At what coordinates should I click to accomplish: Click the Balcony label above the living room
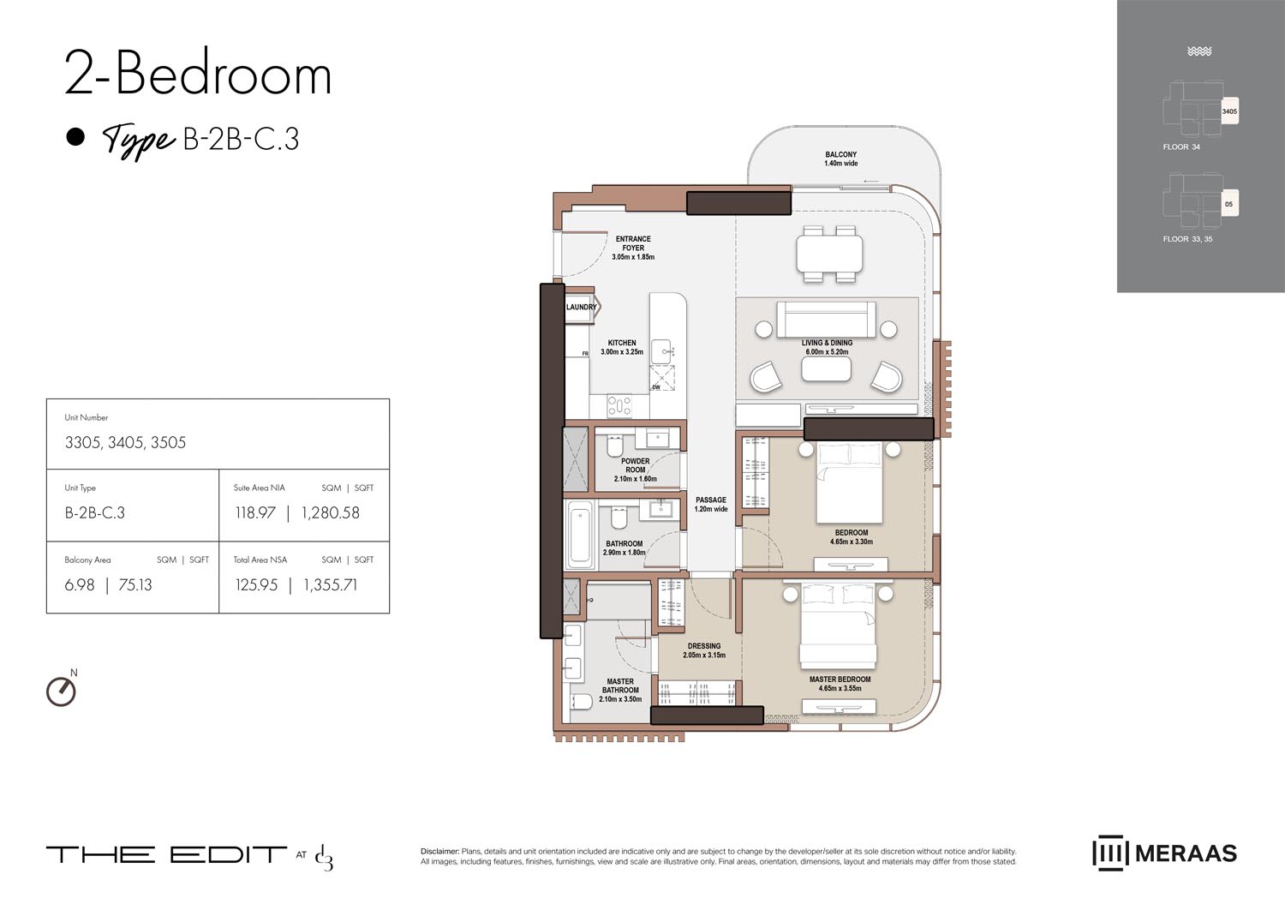840,159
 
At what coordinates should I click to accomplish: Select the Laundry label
581,307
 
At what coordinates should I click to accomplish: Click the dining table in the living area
828,253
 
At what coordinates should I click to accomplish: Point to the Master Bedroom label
840,684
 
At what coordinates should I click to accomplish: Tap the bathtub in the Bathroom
581,535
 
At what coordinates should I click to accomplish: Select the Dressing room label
704,650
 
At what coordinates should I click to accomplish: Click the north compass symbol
61,691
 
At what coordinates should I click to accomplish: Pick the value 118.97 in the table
255,513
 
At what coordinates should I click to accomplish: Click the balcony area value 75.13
134,585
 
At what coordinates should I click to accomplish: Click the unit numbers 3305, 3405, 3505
125,443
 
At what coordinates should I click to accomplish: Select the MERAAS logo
1164,853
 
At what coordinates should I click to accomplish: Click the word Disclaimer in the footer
439,852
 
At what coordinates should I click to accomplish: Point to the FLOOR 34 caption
1181,147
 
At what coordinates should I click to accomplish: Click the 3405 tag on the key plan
1228,112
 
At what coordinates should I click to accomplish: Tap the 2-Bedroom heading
198,75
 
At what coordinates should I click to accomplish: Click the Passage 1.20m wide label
711,504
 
